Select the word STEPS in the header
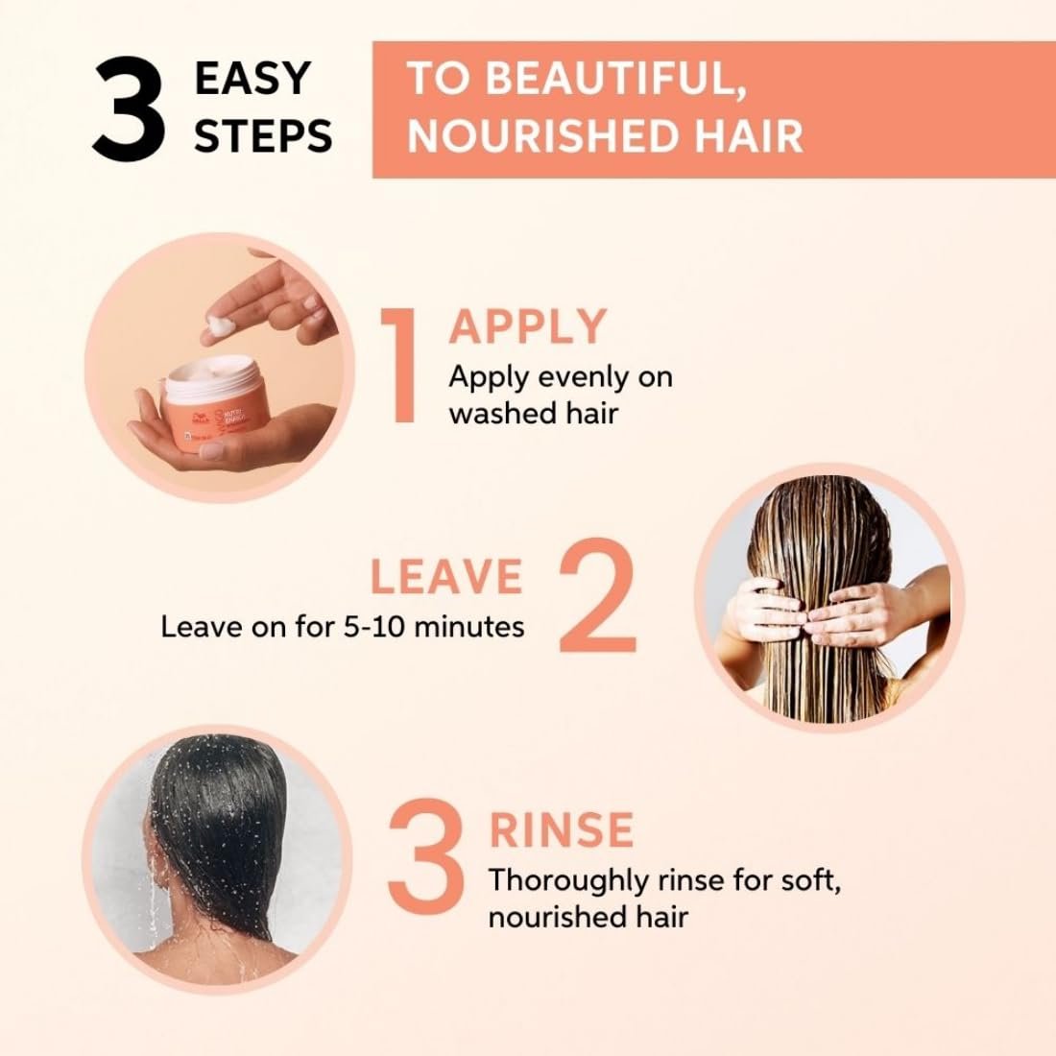[x=264, y=135]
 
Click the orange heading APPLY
[x=528, y=326]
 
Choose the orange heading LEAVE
[x=446, y=577]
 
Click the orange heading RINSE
[x=561, y=829]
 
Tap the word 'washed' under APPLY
[x=499, y=413]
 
